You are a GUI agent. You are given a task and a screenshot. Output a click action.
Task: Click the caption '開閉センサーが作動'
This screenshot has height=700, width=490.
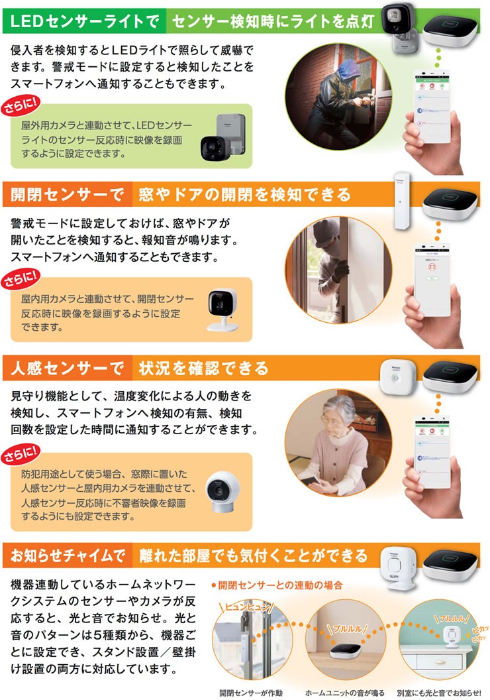(252, 693)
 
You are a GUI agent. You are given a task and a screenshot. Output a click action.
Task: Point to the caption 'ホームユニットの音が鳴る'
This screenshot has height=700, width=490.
(344, 693)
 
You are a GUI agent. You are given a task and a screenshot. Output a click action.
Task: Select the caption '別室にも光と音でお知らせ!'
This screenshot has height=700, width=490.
(438, 693)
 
